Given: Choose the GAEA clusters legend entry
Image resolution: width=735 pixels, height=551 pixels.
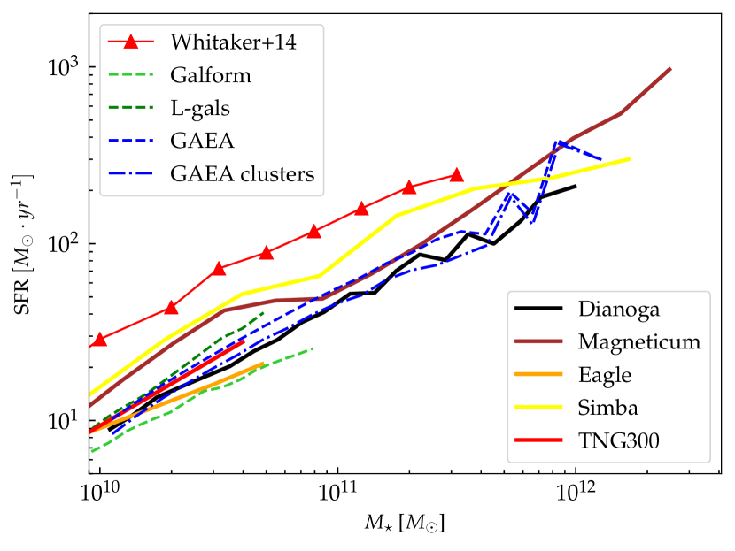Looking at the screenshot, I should tap(243, 173).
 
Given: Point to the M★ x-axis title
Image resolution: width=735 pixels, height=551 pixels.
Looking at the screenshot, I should tap(406, 524).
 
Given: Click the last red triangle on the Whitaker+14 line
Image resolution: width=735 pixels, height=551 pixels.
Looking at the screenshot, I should tap(456, 176).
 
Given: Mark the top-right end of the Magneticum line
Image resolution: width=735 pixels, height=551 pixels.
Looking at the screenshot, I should tap(670, 69).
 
